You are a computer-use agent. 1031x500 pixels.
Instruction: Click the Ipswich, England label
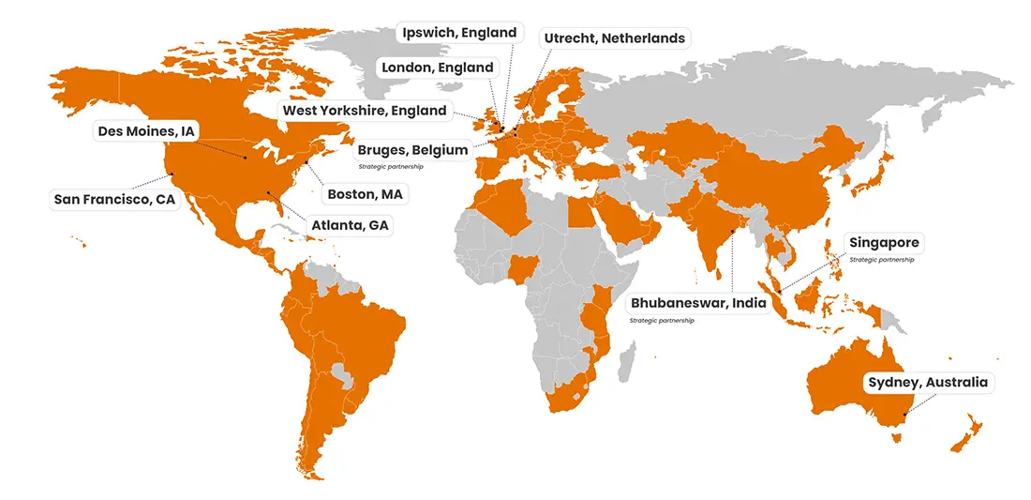point(459,33)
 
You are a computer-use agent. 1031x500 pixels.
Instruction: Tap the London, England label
point(437,68)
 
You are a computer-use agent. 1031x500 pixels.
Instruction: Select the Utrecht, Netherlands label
point(615,38)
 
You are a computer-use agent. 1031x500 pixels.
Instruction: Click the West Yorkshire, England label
point(364,111)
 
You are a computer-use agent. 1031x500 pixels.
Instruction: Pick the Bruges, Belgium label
point(412,150)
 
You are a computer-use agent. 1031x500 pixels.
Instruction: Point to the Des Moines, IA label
point(146,131)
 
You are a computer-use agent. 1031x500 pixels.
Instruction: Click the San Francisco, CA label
point(114,199)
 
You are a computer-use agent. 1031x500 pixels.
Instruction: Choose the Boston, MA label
point(365,195)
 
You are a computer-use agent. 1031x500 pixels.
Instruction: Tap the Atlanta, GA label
point(351,225)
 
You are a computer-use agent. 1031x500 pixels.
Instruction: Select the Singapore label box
point(883,243)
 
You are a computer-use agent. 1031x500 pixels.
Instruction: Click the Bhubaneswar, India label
point(698,303)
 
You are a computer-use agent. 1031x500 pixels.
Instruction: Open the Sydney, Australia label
point(927,383)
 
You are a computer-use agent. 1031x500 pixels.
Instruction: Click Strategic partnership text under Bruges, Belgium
point(391,166)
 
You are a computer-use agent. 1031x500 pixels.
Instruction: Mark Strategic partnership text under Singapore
point(881,260)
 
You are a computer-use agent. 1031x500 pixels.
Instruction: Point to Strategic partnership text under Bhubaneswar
point(662,321)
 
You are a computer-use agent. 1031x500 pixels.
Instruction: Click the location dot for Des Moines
point(246,158)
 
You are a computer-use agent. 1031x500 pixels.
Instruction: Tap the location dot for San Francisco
point(172,174)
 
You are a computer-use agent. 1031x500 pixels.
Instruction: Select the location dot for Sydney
point(904,415)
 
